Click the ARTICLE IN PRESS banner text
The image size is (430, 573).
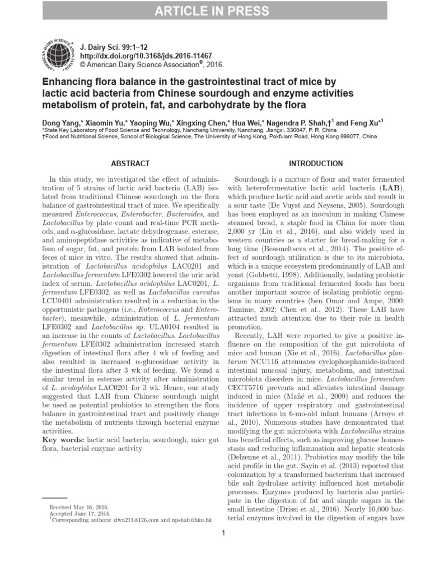click(215, 10)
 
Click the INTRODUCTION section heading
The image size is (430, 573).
click(315, 164)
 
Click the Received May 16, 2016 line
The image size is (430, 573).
click(80, 506)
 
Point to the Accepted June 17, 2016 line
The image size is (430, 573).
click(80, 513)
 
